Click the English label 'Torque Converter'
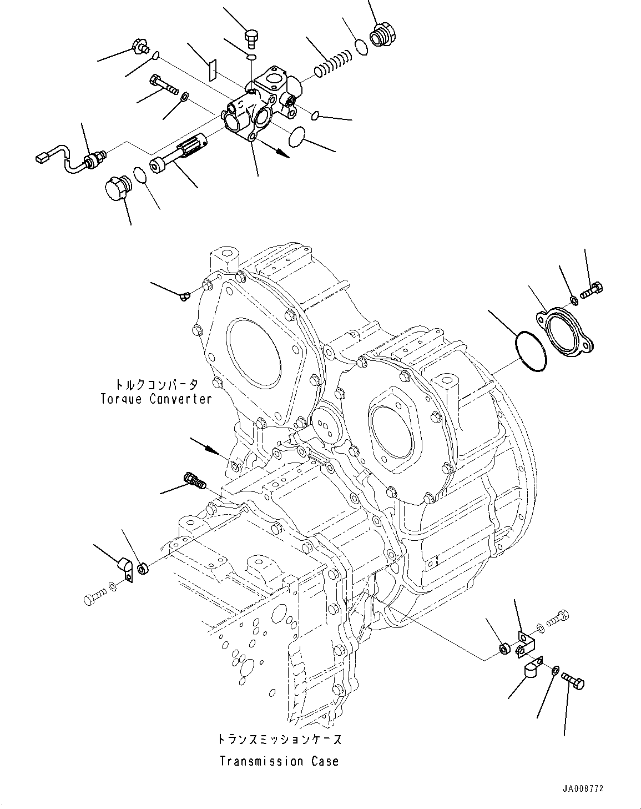(156, 399)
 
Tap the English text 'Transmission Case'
(279, 761)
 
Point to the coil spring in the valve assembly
(333, 62)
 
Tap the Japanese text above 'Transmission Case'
(279, 739)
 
